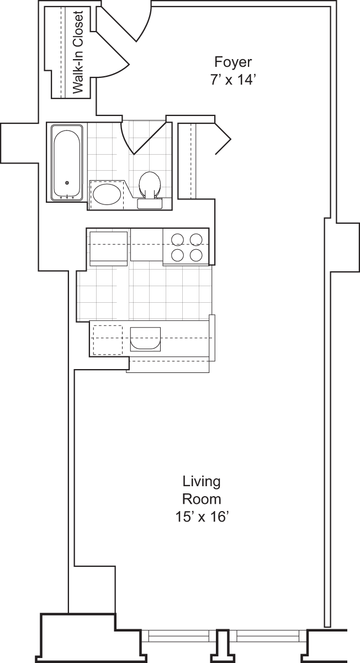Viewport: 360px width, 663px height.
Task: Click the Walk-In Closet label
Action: [77, 52]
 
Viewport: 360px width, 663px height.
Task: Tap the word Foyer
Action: [234, 61]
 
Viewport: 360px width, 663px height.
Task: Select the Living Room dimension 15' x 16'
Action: [202, 517]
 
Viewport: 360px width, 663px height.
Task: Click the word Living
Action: [202, 481]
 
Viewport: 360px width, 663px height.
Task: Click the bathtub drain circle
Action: [67, 183]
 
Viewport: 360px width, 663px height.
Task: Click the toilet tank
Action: [149, 203]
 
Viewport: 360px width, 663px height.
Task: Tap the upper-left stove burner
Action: [178, 239]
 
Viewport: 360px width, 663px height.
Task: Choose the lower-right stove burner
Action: [196, 255]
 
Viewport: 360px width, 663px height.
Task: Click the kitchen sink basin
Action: [145, 339]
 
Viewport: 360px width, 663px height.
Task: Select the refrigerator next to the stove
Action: [109, 247]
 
